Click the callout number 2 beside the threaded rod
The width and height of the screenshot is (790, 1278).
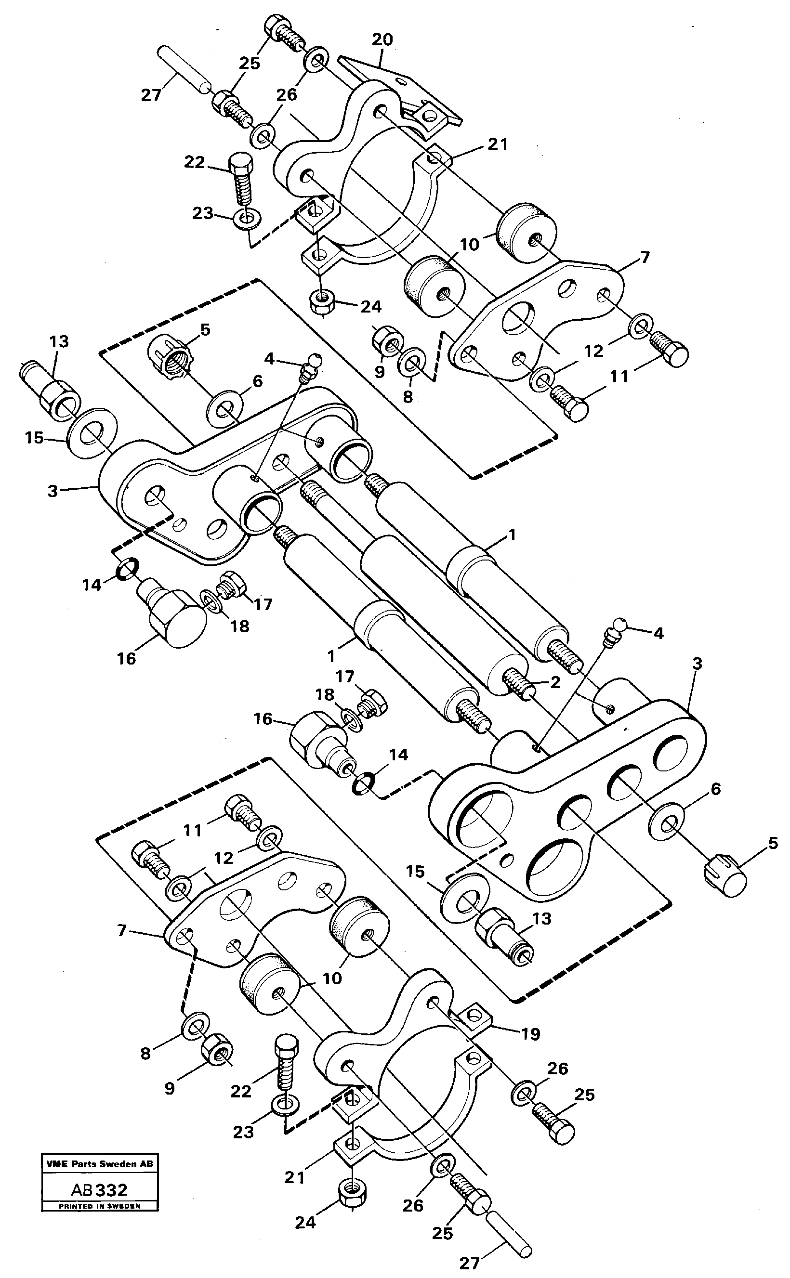tap(555, 681)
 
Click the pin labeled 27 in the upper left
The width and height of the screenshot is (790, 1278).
tap(186, 69)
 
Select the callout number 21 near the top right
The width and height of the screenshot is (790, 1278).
tap(497, 144)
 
